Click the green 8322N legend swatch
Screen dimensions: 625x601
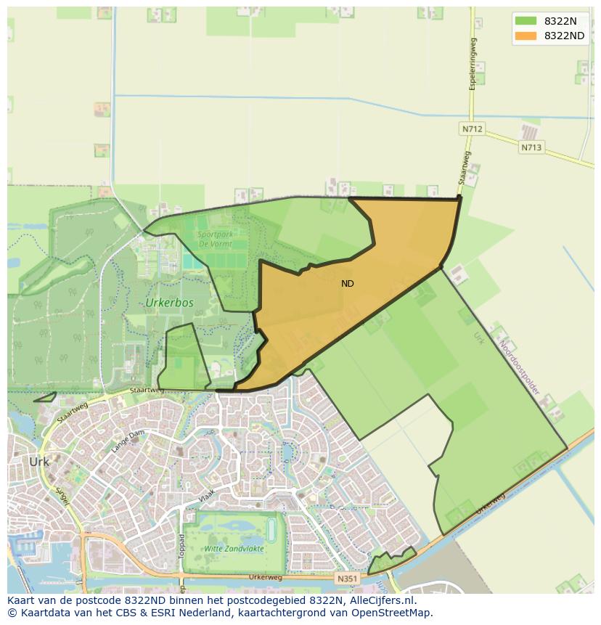(525, 22)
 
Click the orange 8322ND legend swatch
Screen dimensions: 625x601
(525, 36)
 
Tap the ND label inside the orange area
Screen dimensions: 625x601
(348, 284)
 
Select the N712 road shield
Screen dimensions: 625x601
(472, 129)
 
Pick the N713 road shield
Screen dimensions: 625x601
(531, 147)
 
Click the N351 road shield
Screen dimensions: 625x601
(346, 579)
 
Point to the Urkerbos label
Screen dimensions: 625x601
(169, 303)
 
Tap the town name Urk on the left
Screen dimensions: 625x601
(38, 462)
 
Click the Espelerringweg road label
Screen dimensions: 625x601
(473, 64)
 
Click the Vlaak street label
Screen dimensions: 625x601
(206, 499)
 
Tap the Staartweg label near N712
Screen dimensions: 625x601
(463, 168)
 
